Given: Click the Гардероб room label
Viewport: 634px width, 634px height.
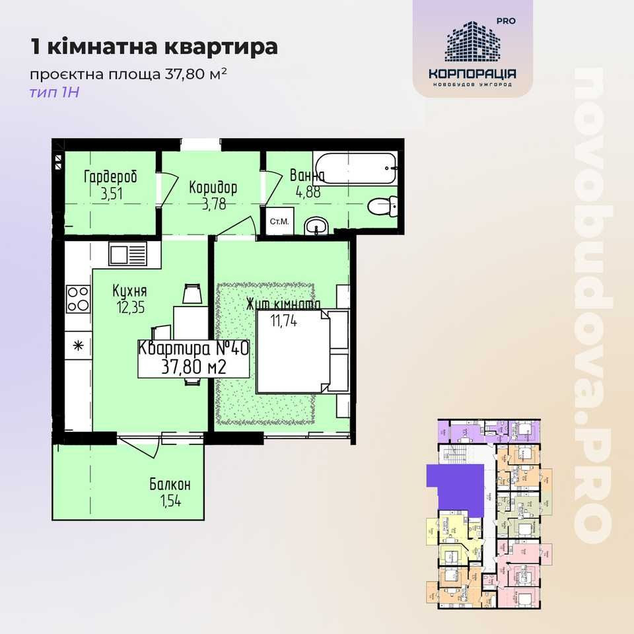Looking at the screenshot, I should [110, 176].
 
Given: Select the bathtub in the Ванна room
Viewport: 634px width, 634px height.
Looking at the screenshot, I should [357, 168].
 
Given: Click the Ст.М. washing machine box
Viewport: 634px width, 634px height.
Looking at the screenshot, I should [278, 222].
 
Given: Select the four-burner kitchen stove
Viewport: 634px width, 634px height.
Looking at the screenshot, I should [78, 298].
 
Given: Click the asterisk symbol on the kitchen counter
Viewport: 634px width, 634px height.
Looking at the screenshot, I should [78, 345].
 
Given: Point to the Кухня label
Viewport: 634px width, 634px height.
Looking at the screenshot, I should [129, 291].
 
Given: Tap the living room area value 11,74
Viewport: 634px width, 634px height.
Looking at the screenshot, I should [285, 322].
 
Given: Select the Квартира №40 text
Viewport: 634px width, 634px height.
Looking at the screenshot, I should [193, 349].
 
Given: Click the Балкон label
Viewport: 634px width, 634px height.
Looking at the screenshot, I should [170, 485].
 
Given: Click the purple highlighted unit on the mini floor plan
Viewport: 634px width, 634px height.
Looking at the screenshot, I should [453, 485].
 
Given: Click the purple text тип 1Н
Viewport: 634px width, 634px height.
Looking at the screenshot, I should [54, 92].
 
